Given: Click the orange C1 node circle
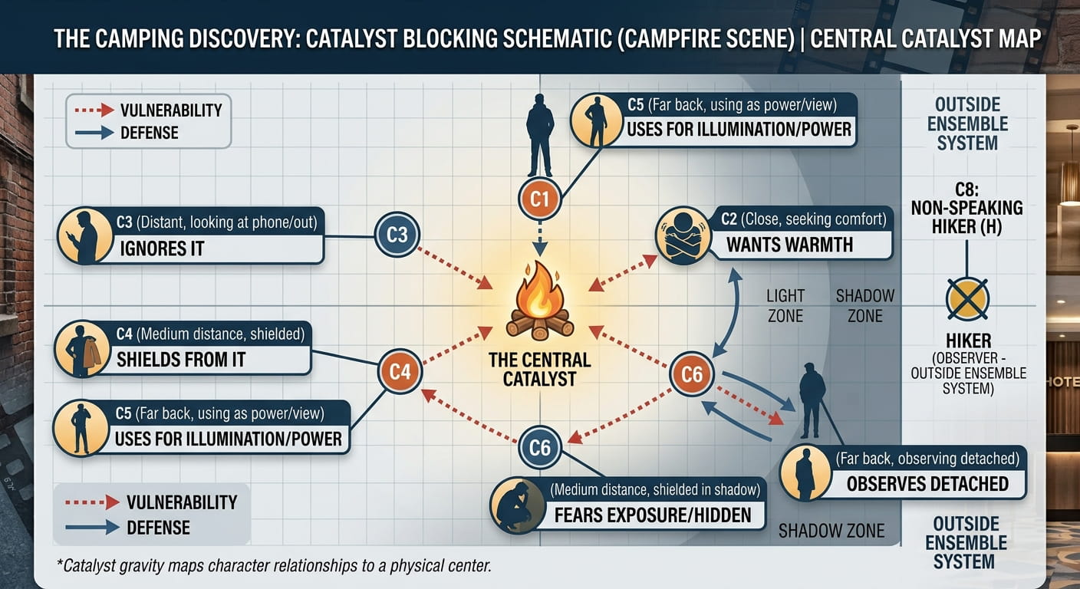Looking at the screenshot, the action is tap(539, 199).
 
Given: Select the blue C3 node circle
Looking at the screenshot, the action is tap(397, 235).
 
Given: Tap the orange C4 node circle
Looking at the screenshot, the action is tap(400, 372).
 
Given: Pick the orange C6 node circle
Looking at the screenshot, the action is tap(692, 374).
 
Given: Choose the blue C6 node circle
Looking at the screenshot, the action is tap(540, 448).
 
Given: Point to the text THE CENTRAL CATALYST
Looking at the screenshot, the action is tap(539, 369).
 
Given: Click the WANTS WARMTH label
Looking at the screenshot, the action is tap(790, 245).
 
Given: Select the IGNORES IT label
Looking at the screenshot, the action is tap(162, 248).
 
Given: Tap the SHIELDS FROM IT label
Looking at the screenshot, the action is tap(181, 360).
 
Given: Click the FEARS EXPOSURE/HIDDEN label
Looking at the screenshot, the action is tap(653, 515).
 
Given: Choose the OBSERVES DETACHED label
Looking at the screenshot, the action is tap(927, 483).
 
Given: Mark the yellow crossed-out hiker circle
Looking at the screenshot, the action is tap(967, 299).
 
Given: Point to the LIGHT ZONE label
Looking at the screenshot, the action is tap(785, 305).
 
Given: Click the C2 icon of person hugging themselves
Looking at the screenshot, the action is tap(683, 235).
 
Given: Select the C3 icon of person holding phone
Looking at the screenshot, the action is tap(85, 235).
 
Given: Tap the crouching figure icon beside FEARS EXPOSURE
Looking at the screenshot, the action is tap(518, 505).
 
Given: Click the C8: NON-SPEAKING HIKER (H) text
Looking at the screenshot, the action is tap(966, 209).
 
